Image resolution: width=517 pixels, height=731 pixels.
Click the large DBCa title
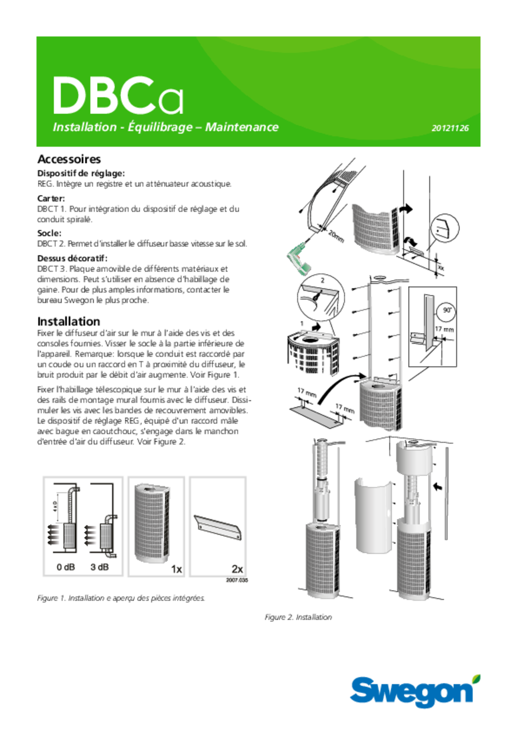tap(118, 96)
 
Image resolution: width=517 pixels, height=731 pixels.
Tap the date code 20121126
tap(450, 128)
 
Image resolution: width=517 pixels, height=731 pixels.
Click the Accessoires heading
tap(69, 159)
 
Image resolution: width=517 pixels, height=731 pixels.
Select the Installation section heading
tap(69, 322)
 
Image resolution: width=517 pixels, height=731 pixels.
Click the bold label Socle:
tap(49, 233)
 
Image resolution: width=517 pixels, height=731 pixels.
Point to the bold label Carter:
tap(51, 198)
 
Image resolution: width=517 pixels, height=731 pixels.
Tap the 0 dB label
tap(66, 567)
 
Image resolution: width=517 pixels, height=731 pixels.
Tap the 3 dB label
tap(100, 567)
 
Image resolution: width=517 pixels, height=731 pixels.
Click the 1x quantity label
tap(176, 569)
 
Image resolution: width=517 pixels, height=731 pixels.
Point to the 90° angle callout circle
tap(447, 311)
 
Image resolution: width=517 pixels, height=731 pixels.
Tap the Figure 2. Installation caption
tap(298, 617)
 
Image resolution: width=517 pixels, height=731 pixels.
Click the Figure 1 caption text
tap(121, 598)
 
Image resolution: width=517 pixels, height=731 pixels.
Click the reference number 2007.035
tap(237, 580)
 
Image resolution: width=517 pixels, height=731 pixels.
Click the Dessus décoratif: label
tap(72, 258)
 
